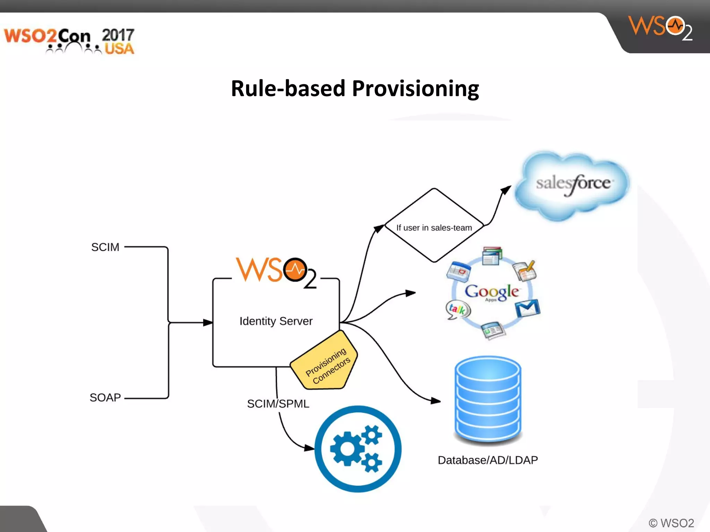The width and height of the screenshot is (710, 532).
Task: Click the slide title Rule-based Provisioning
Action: (x=355, y=89)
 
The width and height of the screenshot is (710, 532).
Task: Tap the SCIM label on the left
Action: (x=105, y=247)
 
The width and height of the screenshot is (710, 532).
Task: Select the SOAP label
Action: (x=105, y=397)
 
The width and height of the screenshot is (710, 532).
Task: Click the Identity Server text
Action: (x=276, y=321)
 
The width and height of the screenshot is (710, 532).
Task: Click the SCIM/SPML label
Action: (x=278, y=404)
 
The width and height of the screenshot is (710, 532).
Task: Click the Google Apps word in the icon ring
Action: (x=492, y=292)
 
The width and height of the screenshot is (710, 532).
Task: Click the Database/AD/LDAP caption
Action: (x=488, y=460)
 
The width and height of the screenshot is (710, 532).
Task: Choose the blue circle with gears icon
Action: (x=358, y=449)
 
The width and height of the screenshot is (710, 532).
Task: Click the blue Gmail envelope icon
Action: (x=527, y=308)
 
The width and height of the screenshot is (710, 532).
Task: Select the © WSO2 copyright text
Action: (x=671, y=523)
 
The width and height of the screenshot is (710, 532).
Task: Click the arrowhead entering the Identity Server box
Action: (x=208, y=322)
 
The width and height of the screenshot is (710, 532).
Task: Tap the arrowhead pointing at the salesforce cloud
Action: (x=506, y=189)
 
